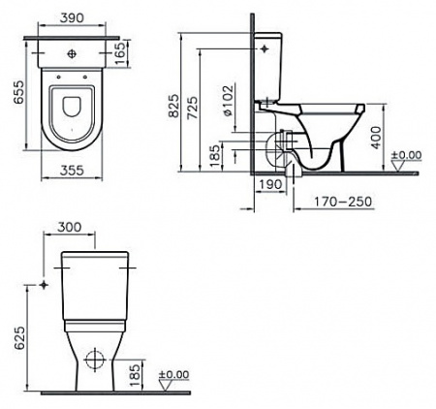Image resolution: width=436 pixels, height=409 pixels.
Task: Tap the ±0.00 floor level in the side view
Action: (x=407, y=155)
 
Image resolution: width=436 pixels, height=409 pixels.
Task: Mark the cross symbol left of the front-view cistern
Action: (x=44, y=285)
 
